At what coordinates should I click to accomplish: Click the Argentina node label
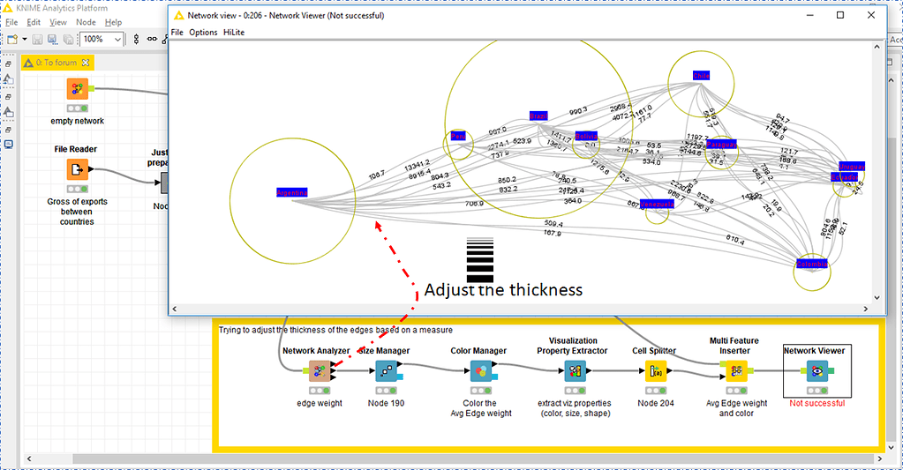pyautogui.click(x=291, y=192)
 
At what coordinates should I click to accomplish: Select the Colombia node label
pyautogui.click(x=811, y=264)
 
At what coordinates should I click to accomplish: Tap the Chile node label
pyautogui.click(x=701, y=76)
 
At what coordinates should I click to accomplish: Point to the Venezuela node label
pyautogui.click(x=657, y=204)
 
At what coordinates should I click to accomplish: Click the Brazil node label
pyautogui.click(x=538, y=116)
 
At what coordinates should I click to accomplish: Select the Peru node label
pyautogui.click(x=458, y=137)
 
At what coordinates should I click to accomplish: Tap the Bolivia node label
pyautogui.click(x=586, y=136)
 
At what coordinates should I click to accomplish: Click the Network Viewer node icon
pyautogui.click(x=816, y=371)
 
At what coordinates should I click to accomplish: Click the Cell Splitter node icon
pyautogui.click(x=656, y=371)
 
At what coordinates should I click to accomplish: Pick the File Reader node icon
pyautogui.click(x=77, y=170)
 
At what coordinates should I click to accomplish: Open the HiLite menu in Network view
pyautogui.click(x=233, y=32)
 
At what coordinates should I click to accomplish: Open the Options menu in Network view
pyautogui.click(x=203, y=32)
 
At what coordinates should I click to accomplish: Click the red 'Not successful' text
pyautogui.click(x=816, y=403)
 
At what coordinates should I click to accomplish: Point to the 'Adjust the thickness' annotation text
pyautogui.click(x=503, y=290)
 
